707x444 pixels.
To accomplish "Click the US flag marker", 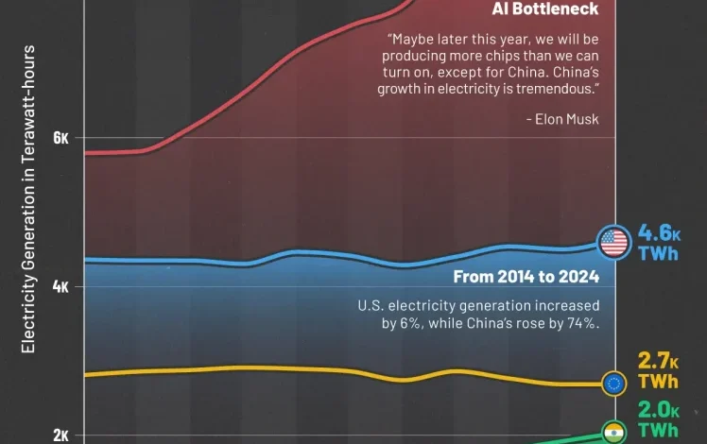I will (x=614, y=243).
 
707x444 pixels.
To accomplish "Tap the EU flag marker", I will (x=615, y=383).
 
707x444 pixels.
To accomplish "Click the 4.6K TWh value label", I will (x=660, y=243).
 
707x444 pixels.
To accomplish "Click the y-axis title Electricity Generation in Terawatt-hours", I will (x=28, y=198).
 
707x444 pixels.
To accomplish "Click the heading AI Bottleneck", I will (x=545, y=9).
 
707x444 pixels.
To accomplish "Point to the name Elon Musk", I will (x=567, y=119).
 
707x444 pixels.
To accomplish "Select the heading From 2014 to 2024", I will (x=526, y=277).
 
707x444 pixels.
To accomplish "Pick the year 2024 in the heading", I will (x=578, y=277).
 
